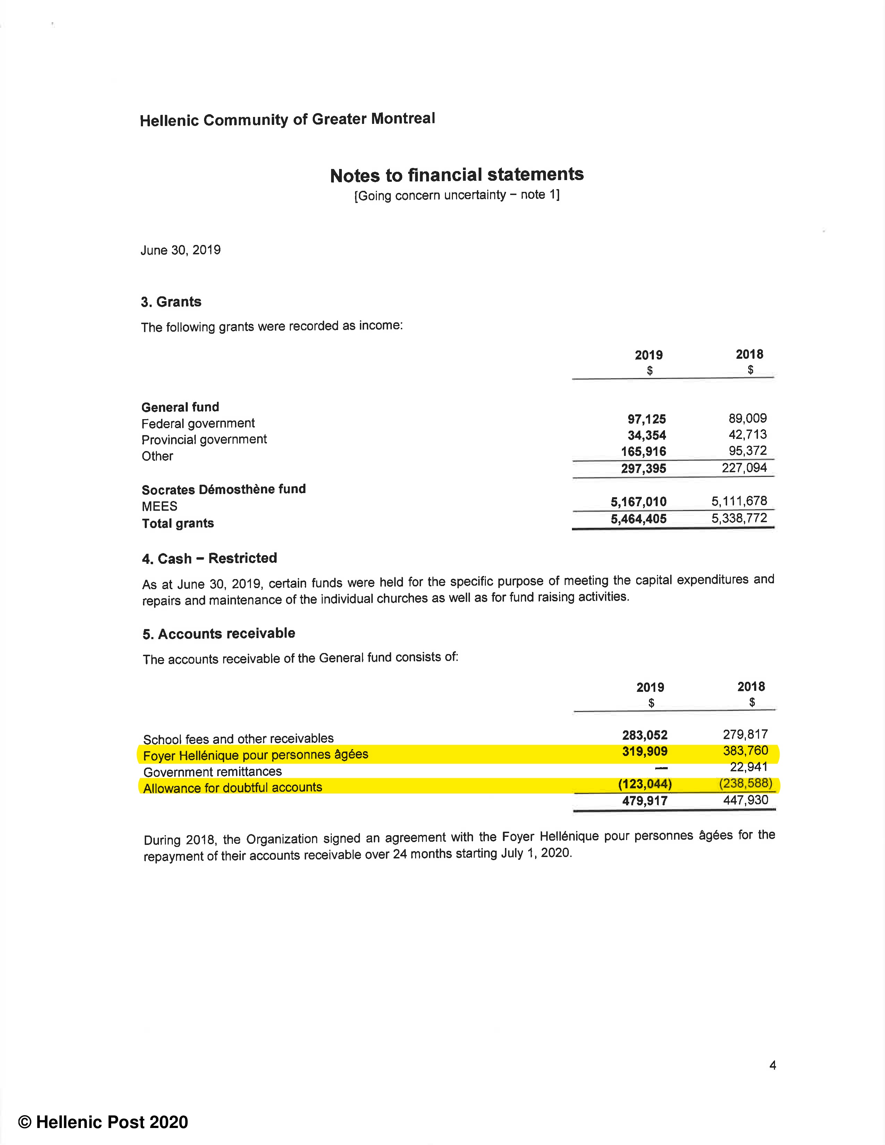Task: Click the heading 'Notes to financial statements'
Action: click(457, 175)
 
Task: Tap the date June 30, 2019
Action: click(180, 250)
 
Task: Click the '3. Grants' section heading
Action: click(171, 302)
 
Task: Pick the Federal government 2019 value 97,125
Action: click(647, 419)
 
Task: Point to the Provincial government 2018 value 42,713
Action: click(747, 435)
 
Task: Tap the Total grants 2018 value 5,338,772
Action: click(739, 518)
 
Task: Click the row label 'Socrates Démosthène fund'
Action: click(224, 490)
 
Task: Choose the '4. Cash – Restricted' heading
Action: click(209, 558)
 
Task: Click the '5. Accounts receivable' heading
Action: click(219, 634)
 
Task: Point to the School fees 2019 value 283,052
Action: click(644, 735)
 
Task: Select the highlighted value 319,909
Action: click(644, 752)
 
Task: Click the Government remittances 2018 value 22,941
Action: click(748, 767)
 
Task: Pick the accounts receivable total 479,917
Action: click(644, 800)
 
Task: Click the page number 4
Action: click(772, 1065)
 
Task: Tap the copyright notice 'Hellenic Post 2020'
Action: click(103, 1122)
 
